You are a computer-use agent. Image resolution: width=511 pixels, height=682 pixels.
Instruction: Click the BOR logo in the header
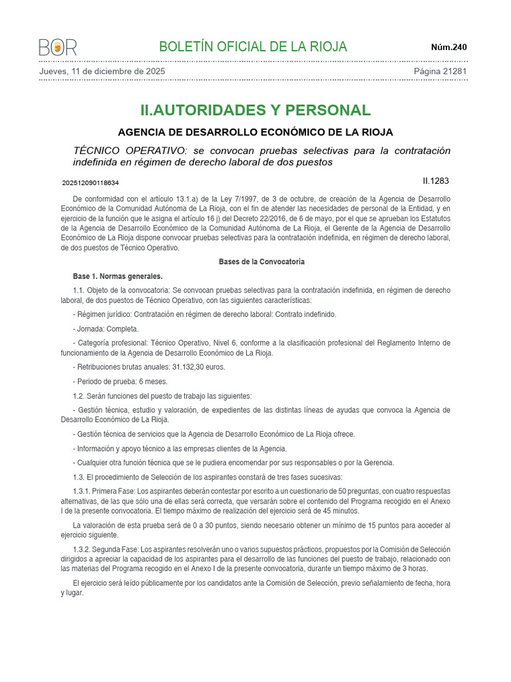pos(58,47)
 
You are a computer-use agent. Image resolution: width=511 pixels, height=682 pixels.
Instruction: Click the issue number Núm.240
pos(449,47)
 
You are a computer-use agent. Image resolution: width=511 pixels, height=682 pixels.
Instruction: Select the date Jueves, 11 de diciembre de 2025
pos(102,71)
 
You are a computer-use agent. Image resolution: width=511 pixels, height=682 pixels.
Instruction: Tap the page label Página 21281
pos(440,71)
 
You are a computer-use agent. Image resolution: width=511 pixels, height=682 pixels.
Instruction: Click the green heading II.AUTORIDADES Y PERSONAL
pos(255,110)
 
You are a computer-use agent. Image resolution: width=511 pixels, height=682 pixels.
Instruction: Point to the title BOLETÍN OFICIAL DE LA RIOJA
pos(253,47)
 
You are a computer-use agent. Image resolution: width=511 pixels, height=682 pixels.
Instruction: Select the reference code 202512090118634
pos(90,182)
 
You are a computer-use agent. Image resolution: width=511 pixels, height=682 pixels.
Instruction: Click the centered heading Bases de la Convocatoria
pos(261,262)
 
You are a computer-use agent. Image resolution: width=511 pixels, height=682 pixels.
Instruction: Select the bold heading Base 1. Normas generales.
pos(118,276)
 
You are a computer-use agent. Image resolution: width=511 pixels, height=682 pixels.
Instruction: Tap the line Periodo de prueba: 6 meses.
pos(120,382)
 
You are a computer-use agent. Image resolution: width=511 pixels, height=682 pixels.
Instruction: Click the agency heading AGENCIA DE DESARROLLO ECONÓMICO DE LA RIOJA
pos(255,132)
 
